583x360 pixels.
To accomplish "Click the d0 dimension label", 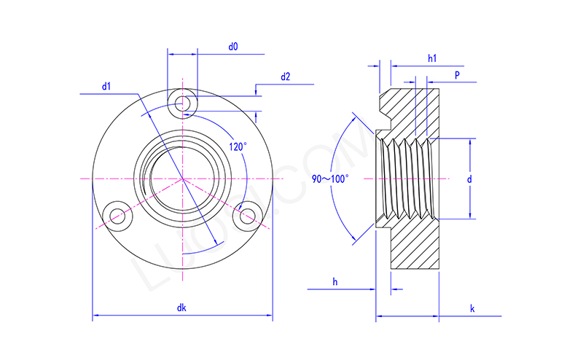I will pyautogui.click(x=233, y=47).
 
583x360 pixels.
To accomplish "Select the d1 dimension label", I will pyautogui.click(x=106, y=87).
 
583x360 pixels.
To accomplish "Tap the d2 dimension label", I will pyautogui.click(x=285, y=77).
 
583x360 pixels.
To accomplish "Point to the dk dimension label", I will pyautogui.click(x=181, y=308).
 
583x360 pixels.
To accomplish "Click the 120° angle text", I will pyautogui.click(x=238, y=146).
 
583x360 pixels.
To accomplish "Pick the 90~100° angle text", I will pyautogui.click(x=331, y=179).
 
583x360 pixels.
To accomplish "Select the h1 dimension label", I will pyautogui.click(x=432, y=57).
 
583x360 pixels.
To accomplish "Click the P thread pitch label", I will pyautogui.click(x=456, y=75).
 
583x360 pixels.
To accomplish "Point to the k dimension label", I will pyautogui.click(x=472, y=308).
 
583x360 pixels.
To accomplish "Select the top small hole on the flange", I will pyautogui.click(x=181, y=101).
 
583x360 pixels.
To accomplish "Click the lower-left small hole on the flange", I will pyautogui.click(x=115, y=214).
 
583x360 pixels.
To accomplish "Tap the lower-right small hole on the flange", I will pyautogui.click(x=248, y=214).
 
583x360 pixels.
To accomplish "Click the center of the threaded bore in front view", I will pyautogui.click(x=181, y=179).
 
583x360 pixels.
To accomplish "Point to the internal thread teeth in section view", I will pyautogui.click(x=408, y=179).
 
